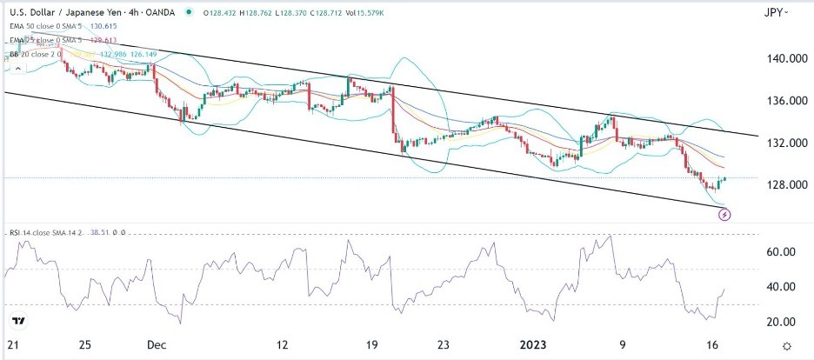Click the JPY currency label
773,12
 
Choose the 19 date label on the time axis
372,345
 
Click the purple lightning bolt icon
724,214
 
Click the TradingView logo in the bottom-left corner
21,320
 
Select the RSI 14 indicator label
22,232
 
